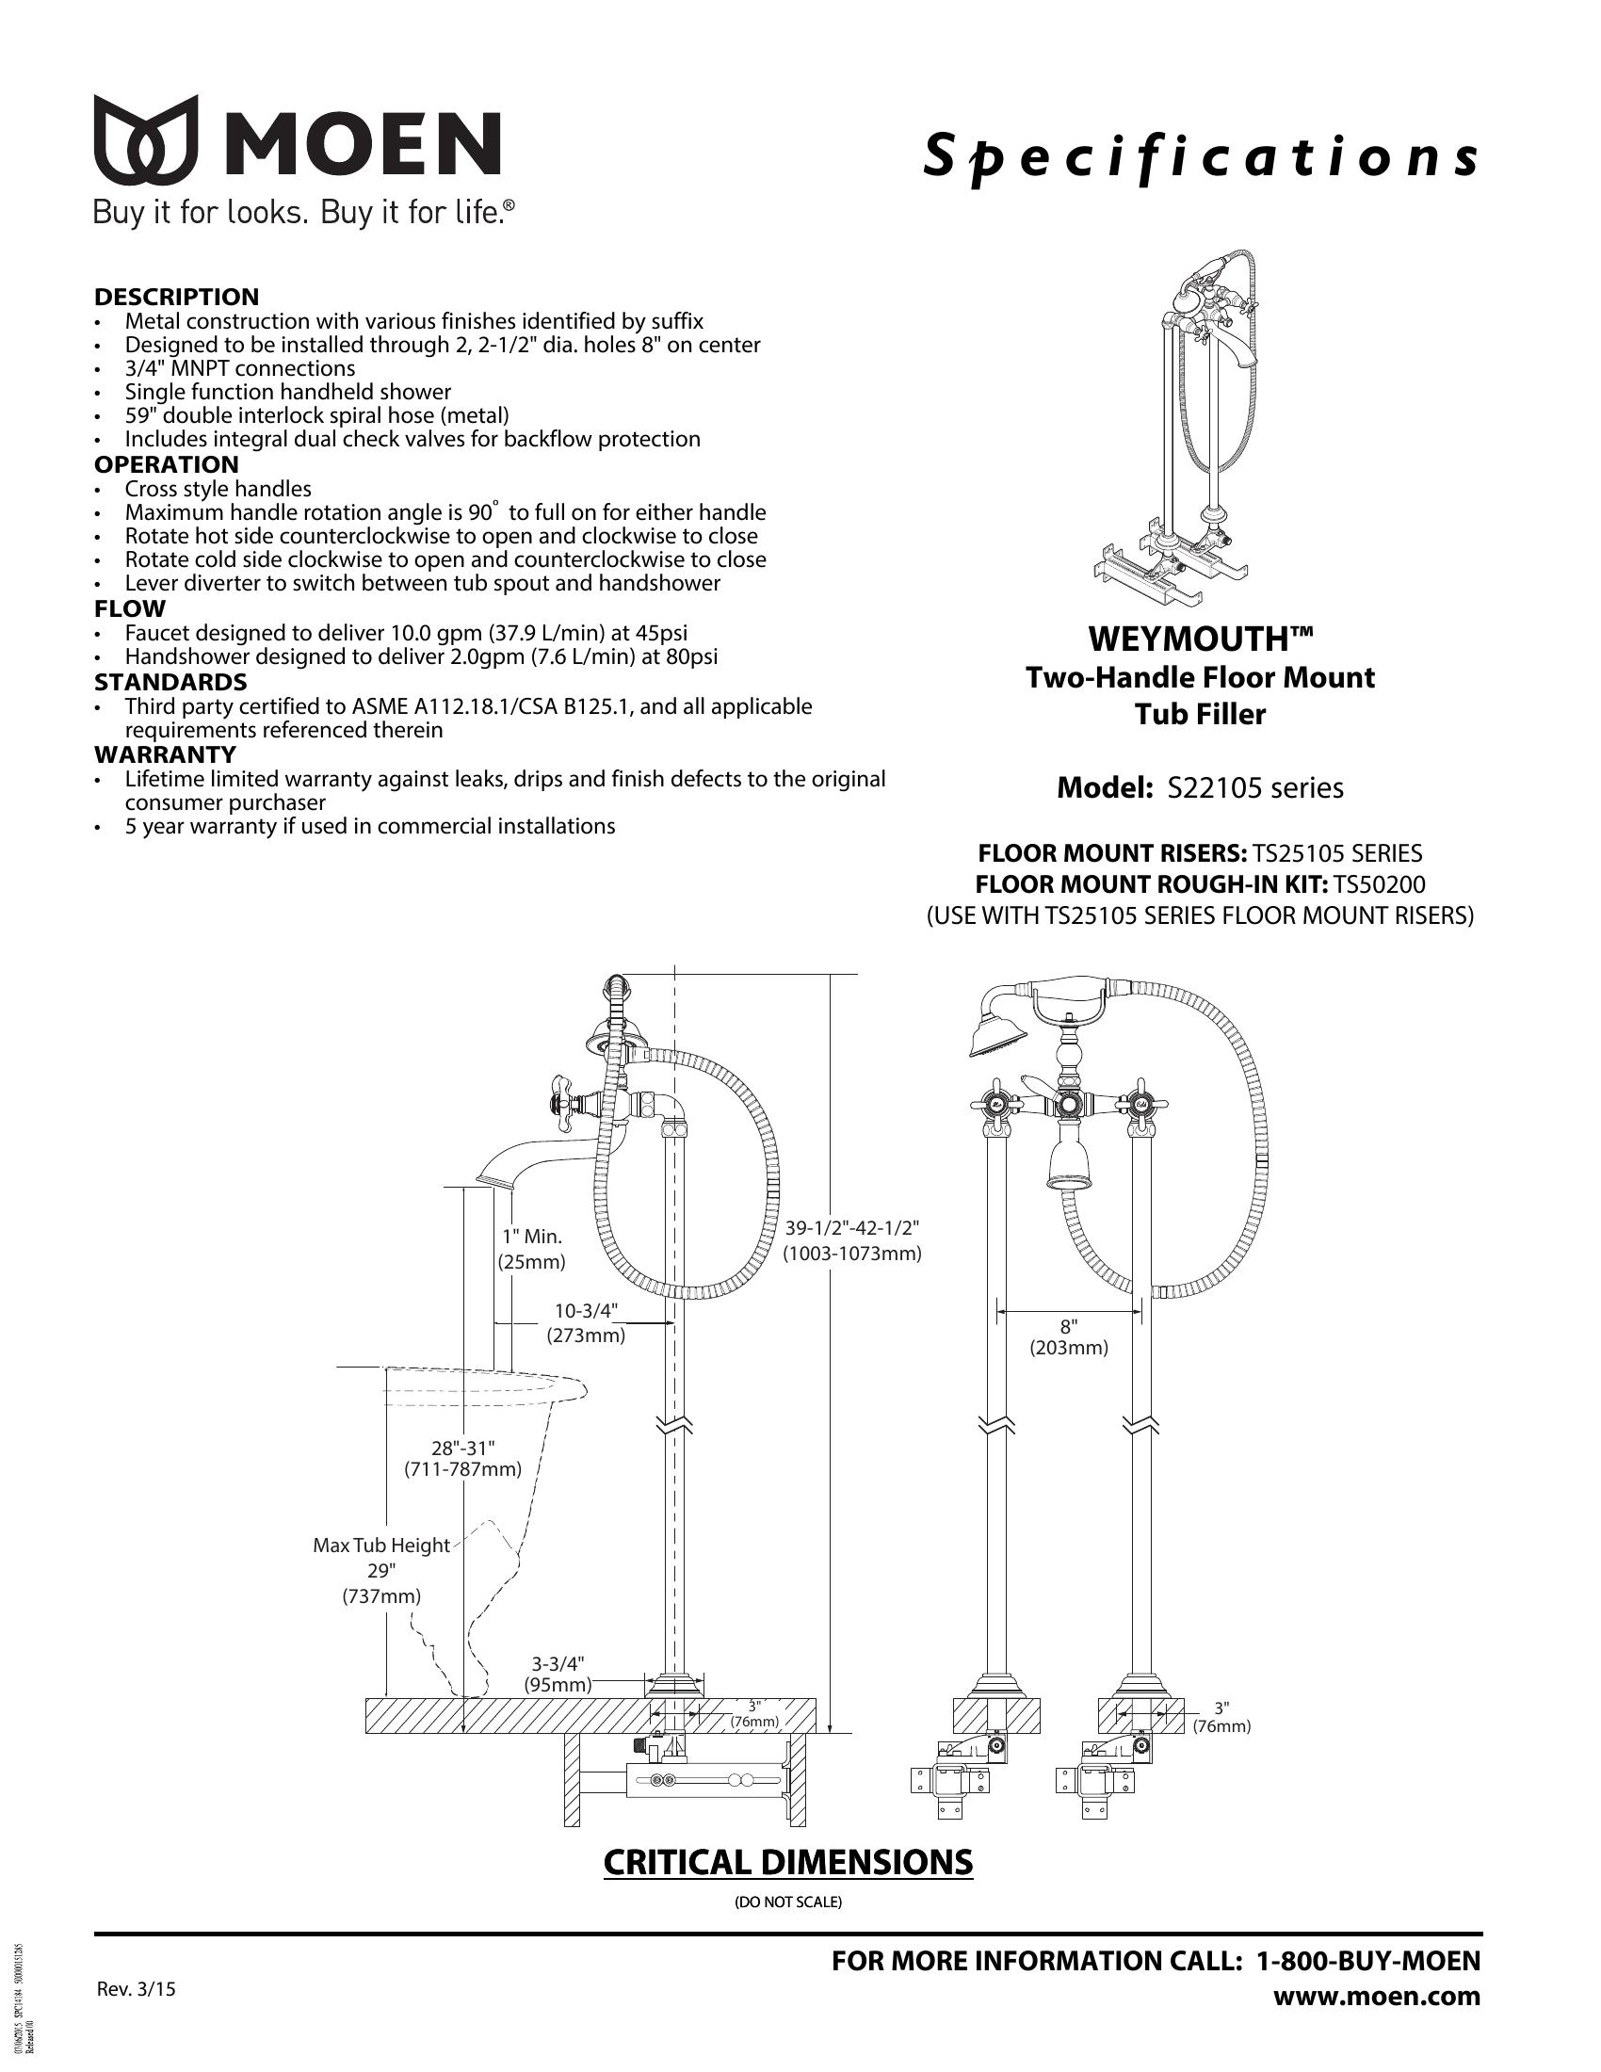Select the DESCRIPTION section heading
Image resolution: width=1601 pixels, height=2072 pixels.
click(176, 297)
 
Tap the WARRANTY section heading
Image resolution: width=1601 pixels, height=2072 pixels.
click(165, 754)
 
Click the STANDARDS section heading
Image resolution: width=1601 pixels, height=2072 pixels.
click(170, 682)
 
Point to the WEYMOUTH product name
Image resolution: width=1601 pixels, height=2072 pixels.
click(1200, 639)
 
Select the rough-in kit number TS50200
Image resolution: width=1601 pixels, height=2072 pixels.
click(1379, 884)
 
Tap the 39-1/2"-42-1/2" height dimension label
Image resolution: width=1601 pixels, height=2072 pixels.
click(851, 1227)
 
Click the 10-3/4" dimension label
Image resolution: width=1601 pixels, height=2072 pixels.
click(585, 1311)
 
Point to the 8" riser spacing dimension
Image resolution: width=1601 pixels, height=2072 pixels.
click(1069, 1328)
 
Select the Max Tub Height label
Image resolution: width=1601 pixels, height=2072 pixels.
click(381, 1546)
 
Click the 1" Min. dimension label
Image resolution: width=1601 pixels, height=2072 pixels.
click(532, 1238)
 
